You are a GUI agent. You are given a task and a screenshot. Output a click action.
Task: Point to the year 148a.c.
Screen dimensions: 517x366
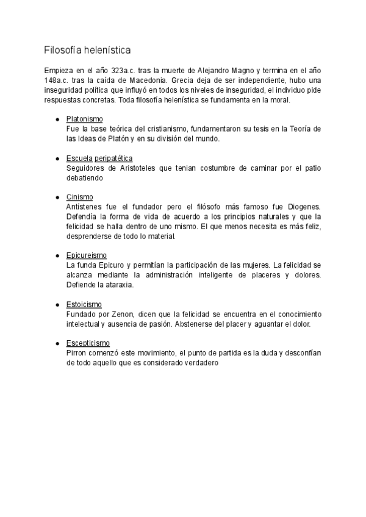(x=56, y=80)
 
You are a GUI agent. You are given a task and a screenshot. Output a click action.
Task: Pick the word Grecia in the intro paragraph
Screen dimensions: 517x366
(x=184, y=80)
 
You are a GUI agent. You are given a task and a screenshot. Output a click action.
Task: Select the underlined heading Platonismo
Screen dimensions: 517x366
(x=85, y=118)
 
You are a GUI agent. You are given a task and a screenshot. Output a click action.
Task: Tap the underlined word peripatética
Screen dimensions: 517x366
(x=113, y=158)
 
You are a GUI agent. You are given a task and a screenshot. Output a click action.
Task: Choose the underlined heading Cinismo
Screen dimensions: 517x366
(x=79, y=197)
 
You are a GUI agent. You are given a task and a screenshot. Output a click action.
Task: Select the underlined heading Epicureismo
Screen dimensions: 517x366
(x=86, y=255)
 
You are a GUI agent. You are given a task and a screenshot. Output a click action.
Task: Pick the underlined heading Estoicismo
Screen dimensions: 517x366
(x=84, y=304)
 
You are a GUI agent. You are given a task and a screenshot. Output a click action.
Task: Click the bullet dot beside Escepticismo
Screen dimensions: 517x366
(x=57, y=343)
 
